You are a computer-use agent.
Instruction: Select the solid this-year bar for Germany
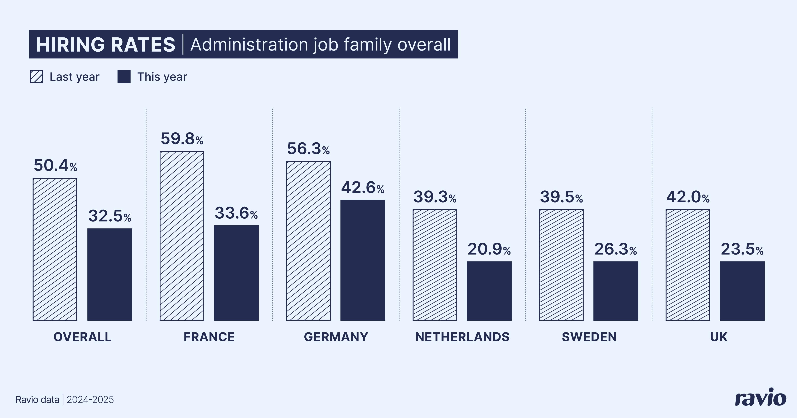pyautogui.click(x=363, y=260)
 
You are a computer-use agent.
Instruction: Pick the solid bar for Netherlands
pyautogui.click(x=489, y=291)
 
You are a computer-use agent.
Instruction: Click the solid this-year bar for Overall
pyautogui.click(x=110, y=274)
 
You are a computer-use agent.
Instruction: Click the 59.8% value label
pyautogui.click(x=182, y=139)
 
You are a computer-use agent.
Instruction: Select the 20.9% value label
pyautogui.click(x=489, y=249)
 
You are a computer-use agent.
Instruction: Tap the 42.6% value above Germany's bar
pyautogui.click(x=363, y=188)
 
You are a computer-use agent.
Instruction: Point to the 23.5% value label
pyautogui.click(x=742, y=249)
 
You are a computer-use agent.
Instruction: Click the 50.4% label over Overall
pyautogui.click(x=55, y=166)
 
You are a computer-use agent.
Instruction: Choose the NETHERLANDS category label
pyautogui.click(x=462, y=337)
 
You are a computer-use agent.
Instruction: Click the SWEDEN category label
pyautogui.click(x=589, y=337)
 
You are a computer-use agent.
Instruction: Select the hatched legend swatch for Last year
pyautogui.click(x=37, y=77)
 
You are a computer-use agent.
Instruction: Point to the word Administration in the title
pyautogui.click(x=249, y=45)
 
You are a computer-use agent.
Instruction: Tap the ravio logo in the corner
pyautogui.click(x=760, y=398)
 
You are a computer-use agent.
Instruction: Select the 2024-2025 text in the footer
pyautogui.click(x=90, y=400)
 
